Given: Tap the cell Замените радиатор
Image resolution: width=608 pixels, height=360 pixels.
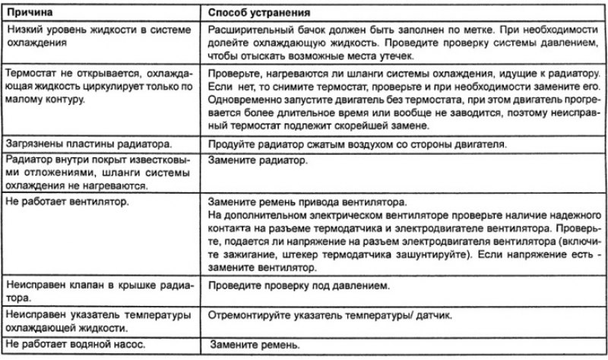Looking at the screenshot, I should [x=254, y=162].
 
